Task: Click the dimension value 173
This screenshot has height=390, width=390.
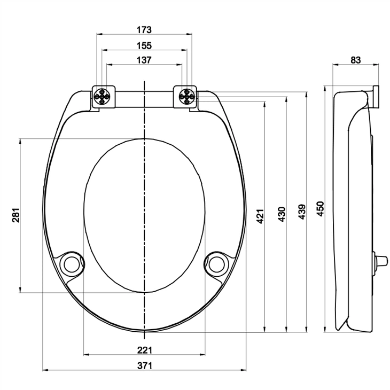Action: point(144,29)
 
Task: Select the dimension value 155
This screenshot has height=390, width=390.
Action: point(144,45)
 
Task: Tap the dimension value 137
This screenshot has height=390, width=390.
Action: point(144,60)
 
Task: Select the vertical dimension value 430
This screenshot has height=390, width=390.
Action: point(282,214)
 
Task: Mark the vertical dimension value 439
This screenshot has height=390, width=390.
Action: point(301,212)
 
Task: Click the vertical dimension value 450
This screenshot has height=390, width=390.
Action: point(321,209)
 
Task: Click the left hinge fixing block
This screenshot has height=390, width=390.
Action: point(102,97)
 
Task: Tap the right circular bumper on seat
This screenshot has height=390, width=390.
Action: point(216,262)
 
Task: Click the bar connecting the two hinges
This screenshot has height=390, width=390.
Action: point(144,98)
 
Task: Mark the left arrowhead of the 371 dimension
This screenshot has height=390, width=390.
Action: point(44,370)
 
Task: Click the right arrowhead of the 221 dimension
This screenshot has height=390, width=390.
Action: point(203,354)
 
